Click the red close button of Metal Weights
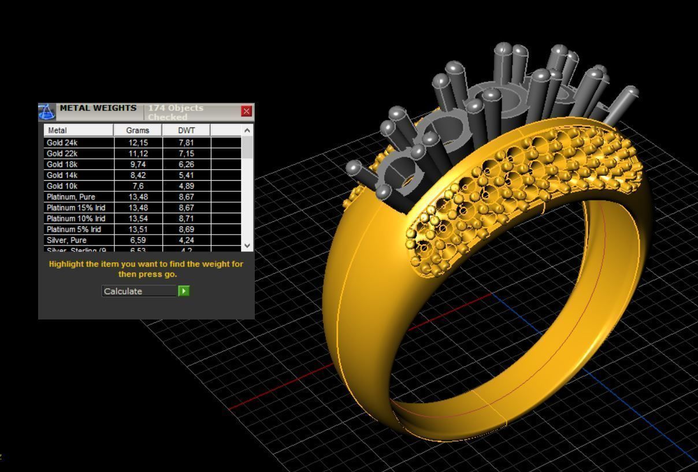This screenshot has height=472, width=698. point(247,112)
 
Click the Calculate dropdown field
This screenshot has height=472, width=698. point(139,291)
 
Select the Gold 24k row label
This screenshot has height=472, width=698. point(62,143)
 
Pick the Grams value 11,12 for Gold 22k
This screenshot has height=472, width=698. point(138,154)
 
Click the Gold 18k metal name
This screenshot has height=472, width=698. point(62,165)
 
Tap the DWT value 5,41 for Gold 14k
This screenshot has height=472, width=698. point(186,175)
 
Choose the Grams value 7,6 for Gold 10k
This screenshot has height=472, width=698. point(138,186)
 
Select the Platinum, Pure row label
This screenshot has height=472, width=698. point(70,197)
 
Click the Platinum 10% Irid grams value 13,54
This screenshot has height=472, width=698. point(138,218)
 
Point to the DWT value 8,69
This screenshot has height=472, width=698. point(186,229)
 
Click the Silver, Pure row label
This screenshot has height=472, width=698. point(66,240)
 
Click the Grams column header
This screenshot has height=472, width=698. point(138,131)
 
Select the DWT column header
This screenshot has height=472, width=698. point(186,131)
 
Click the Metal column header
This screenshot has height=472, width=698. point(57,131)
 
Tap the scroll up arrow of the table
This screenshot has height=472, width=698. point(247,131)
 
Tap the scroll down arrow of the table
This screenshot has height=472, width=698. point(247,245)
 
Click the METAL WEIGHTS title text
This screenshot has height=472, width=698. point(98,108)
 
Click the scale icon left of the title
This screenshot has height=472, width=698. point(47,112)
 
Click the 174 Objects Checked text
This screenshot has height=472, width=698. point(176,112)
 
